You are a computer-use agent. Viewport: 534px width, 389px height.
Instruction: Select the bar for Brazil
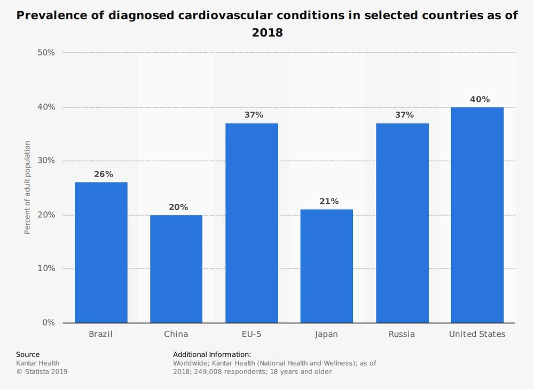(101, 252)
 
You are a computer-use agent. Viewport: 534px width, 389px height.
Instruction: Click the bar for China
(176, 269)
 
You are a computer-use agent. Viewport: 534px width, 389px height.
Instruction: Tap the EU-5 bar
(252, 223)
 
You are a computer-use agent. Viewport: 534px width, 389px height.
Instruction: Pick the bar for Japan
(327, 266)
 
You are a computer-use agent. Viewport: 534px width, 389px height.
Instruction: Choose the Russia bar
(402, 223)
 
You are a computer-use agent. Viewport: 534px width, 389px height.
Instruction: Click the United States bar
(477, 215)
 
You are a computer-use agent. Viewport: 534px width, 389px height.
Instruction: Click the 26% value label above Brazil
(103, 174)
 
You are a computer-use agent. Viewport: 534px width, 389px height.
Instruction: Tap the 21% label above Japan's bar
(329, 201)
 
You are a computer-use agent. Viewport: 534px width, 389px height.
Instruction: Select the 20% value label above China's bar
(178, 207)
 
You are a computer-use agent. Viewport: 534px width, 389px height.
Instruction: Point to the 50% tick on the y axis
(46, 53)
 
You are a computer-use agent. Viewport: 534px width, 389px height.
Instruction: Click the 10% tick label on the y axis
(46, 268)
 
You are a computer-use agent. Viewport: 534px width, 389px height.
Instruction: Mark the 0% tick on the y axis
(49, 322)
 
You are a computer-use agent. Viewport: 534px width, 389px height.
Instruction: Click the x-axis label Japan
(326, 334)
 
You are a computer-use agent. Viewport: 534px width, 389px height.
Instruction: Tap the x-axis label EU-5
(251, 334)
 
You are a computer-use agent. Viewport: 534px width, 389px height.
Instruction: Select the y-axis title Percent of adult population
(27, 188)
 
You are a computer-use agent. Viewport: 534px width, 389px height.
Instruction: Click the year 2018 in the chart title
(267, 33)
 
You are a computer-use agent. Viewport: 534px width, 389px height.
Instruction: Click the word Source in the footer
(28, 354)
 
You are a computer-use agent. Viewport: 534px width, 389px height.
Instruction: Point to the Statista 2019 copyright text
(42, 371)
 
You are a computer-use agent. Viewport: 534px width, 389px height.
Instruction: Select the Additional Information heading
(212, 354)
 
